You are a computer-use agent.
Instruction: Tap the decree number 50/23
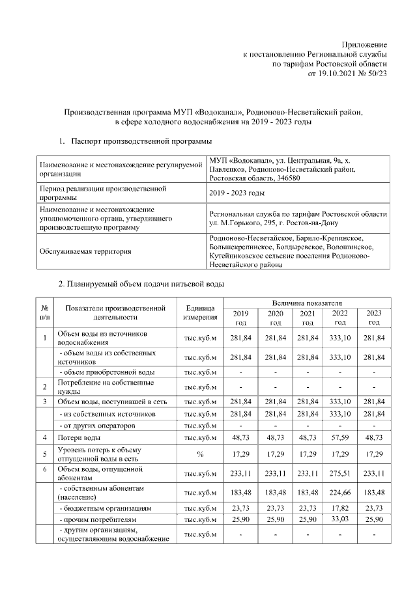pos(375,74)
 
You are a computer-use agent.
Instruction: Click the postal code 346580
pos(287,179)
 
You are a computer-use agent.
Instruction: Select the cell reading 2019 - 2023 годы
pos(237,193)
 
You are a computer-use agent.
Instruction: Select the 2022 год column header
pos(340,318)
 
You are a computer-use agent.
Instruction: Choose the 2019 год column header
pos(240,318)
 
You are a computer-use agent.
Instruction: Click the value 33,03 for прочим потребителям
pos(340,520)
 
